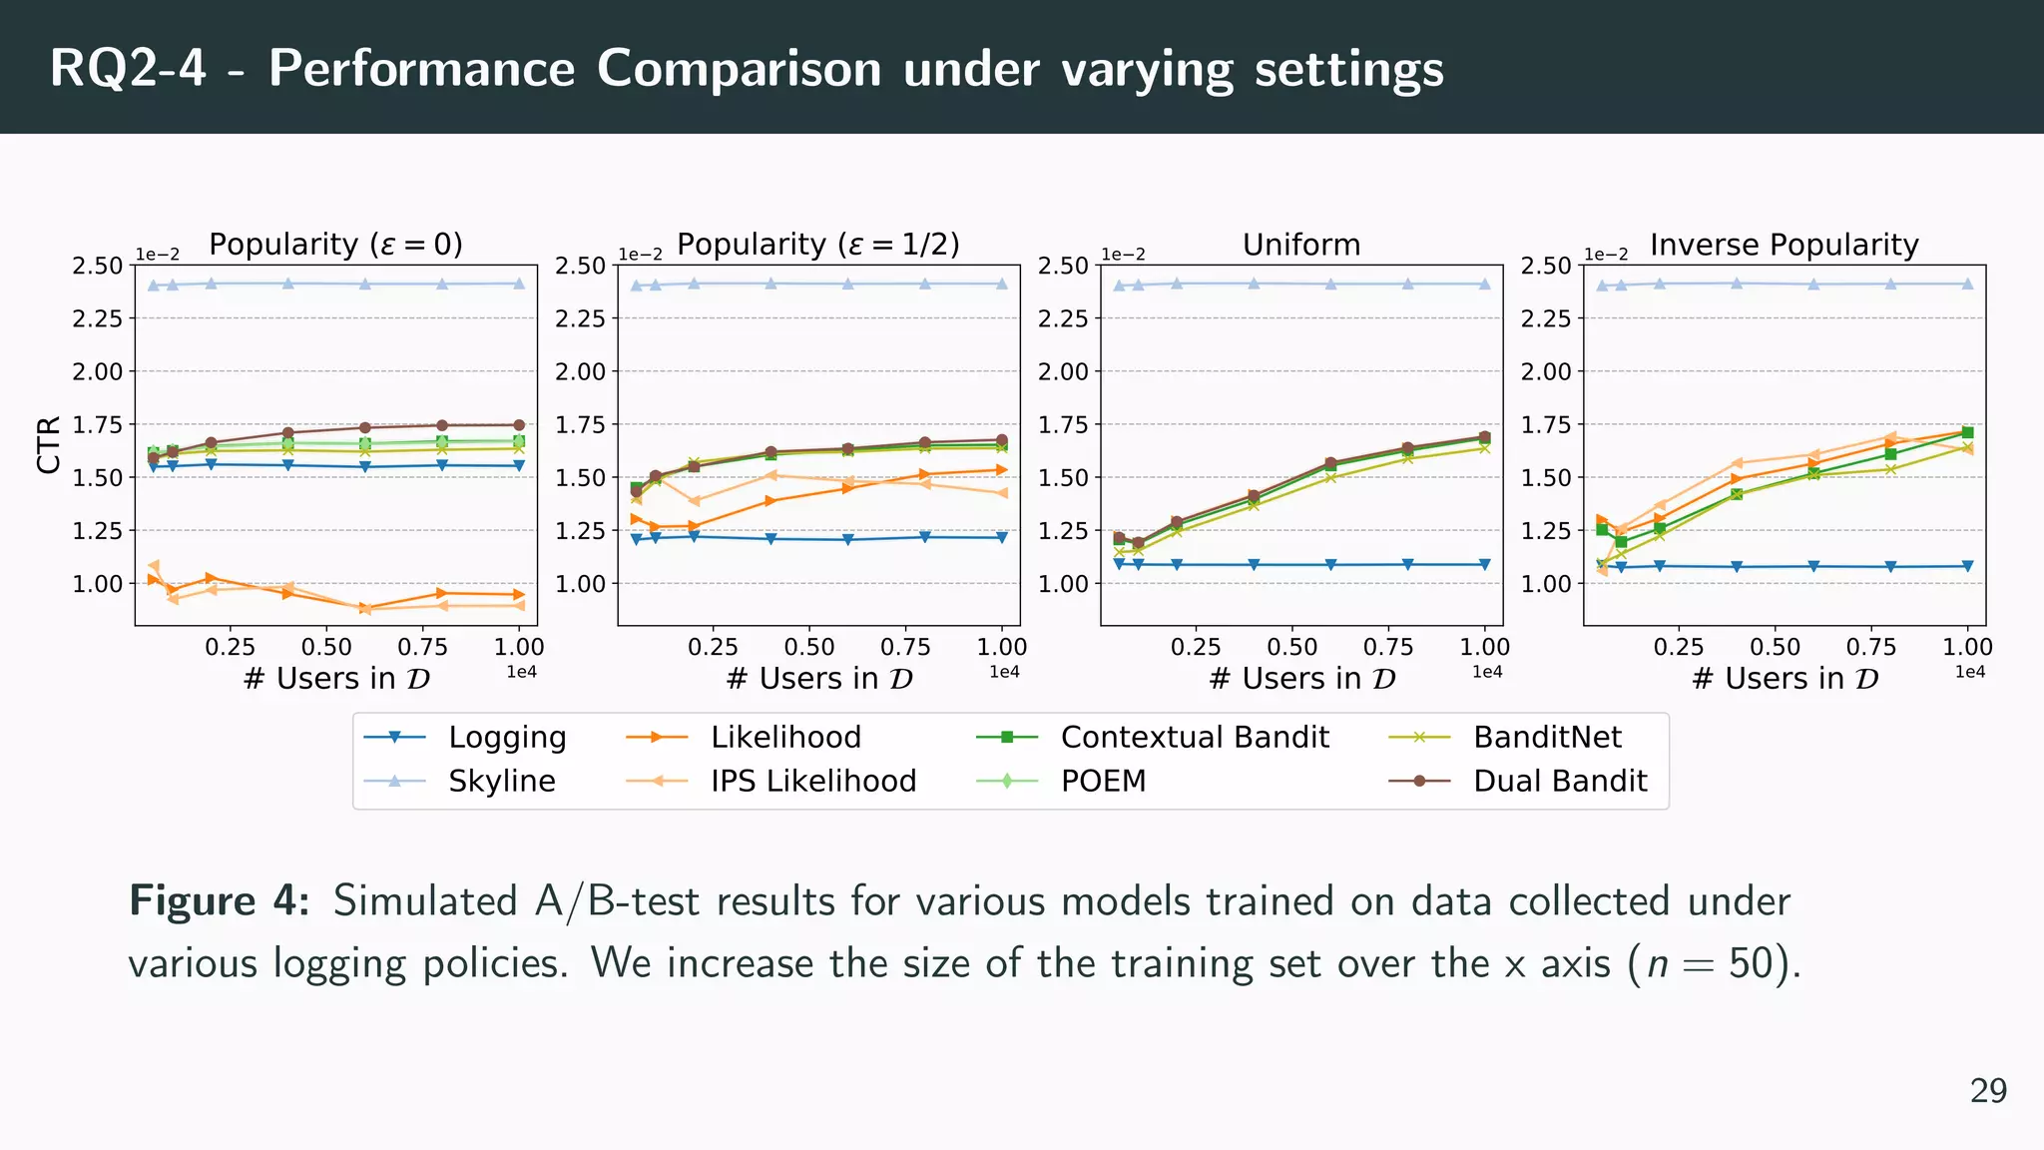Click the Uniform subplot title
tap(1301, 245)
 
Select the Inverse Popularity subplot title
tap(1784, 245)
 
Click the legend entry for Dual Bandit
tap(1559, 781)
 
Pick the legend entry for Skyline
tap(501, 781)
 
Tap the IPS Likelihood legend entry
tap(812, 781)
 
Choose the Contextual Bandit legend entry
tap(1194, 737)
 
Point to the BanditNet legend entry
tap(1547, 737)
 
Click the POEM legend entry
tap(1103, 781)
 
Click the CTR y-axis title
tap(49, 445)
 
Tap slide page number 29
tap(1988, 1091)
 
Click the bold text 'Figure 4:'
tap(220, 901)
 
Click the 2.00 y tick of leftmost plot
tap(98, 371)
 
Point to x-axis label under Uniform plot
tap(1301, 679)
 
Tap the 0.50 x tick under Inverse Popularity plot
tap(1775, 647)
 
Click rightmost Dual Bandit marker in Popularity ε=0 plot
tap(519, 425)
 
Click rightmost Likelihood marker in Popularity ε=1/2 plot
tap(1002, 469)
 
